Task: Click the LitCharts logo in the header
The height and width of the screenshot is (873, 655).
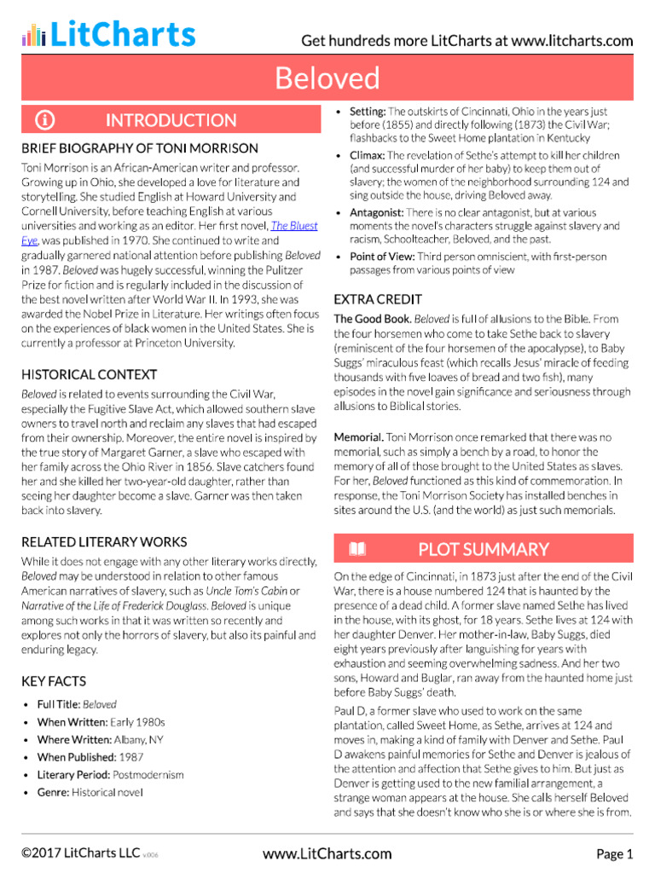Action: [x=108, y=35]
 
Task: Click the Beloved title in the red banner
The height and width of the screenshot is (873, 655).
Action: [x=327, y=78]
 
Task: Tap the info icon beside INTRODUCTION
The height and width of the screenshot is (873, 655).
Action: [x=45, y=120]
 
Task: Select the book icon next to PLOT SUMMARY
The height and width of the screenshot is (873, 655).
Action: [x=357, y=549]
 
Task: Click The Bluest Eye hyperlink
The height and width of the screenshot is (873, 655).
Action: [x=293, y=226]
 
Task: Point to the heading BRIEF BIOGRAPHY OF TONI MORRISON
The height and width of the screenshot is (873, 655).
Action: [x=140, y=147]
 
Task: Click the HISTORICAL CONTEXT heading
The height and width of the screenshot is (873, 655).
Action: [x=89, y=374]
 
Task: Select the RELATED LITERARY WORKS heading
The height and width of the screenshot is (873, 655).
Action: [x=104, y=541]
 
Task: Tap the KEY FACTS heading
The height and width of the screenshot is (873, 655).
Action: [x=54, y=681]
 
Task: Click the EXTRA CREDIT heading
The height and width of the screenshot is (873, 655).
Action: [x=378, y=299]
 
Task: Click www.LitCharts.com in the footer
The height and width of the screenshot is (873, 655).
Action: [x=327, y=853]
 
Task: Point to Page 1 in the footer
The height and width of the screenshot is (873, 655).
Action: [x=614, y=853]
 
